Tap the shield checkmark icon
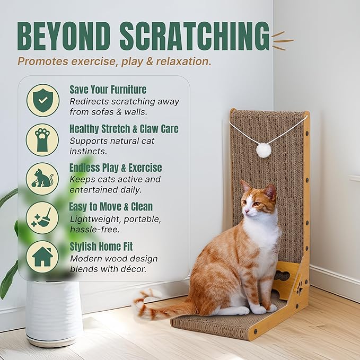coord(43,100)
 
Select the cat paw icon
coord(43,139)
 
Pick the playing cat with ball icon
coord(43,179)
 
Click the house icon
coord(43,257)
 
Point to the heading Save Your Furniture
coord(108,90)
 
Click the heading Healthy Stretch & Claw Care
coord(124,129)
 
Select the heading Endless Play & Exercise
coord(116,168)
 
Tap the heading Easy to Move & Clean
coord(111,207)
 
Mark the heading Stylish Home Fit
coord(101,247)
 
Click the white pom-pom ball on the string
coord(264,150)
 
